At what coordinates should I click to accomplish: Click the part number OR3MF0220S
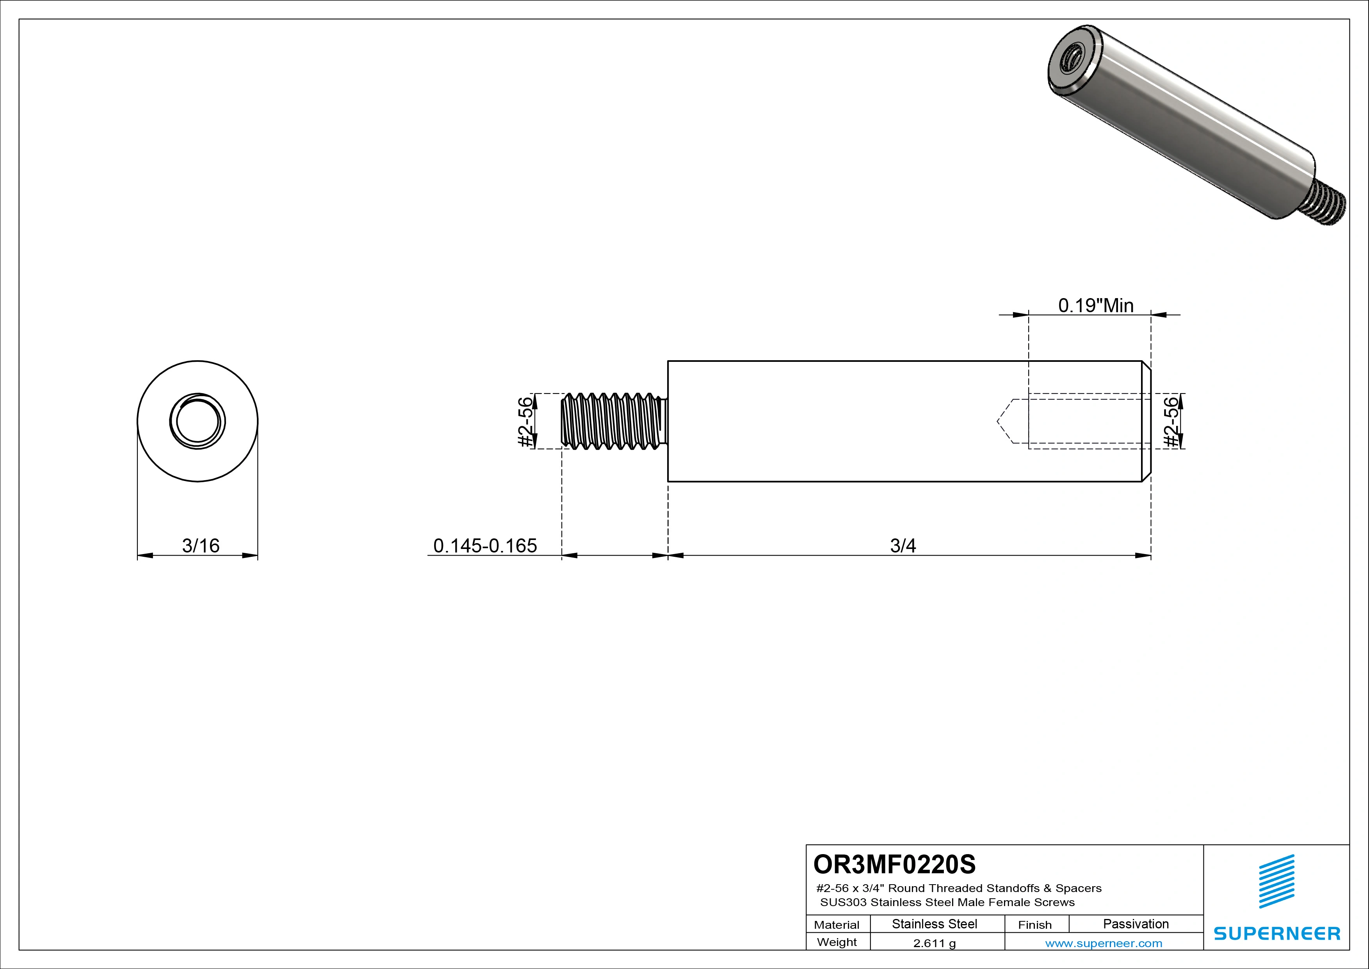[x=894, y=864]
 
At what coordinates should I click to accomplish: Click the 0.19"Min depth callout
[x=1095, y=306]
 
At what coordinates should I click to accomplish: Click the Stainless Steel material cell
[x=934, y=924]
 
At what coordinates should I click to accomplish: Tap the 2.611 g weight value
[x=934, y=943]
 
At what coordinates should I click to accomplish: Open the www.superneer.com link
[x=1104, y=943]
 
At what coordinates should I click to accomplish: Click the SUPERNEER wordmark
[x=1276, y=933]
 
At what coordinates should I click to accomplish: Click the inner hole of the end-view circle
[x=198, y=421]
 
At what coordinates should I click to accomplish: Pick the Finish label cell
[x=1034, y=924]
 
